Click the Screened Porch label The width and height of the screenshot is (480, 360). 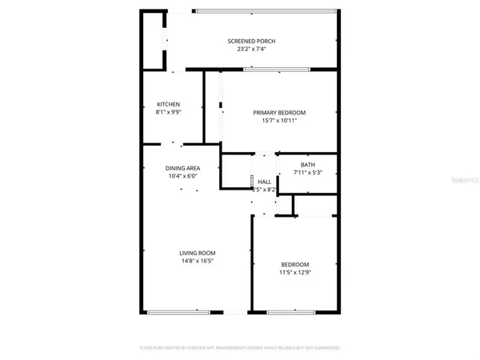coord(252,41)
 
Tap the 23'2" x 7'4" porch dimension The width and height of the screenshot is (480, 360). coord(252,50)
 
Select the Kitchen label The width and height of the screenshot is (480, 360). coord(168,105)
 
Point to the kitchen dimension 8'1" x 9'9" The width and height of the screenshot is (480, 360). coord(168,113)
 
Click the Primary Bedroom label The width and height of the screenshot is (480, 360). coord(280,113)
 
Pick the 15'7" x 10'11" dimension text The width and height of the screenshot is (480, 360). coord(280,121)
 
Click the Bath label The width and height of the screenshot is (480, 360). coord(308,165)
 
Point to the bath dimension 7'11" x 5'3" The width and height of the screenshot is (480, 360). coord(308,173)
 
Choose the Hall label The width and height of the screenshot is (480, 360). coord(265,182)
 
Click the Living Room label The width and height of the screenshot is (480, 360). coord(196,253)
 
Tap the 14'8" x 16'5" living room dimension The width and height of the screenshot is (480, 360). coord(196,261)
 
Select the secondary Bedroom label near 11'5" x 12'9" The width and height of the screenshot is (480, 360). coord(294,265)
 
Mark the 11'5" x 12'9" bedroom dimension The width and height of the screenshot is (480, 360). coord(294,273)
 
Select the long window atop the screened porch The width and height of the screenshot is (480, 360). coord(264,11)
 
